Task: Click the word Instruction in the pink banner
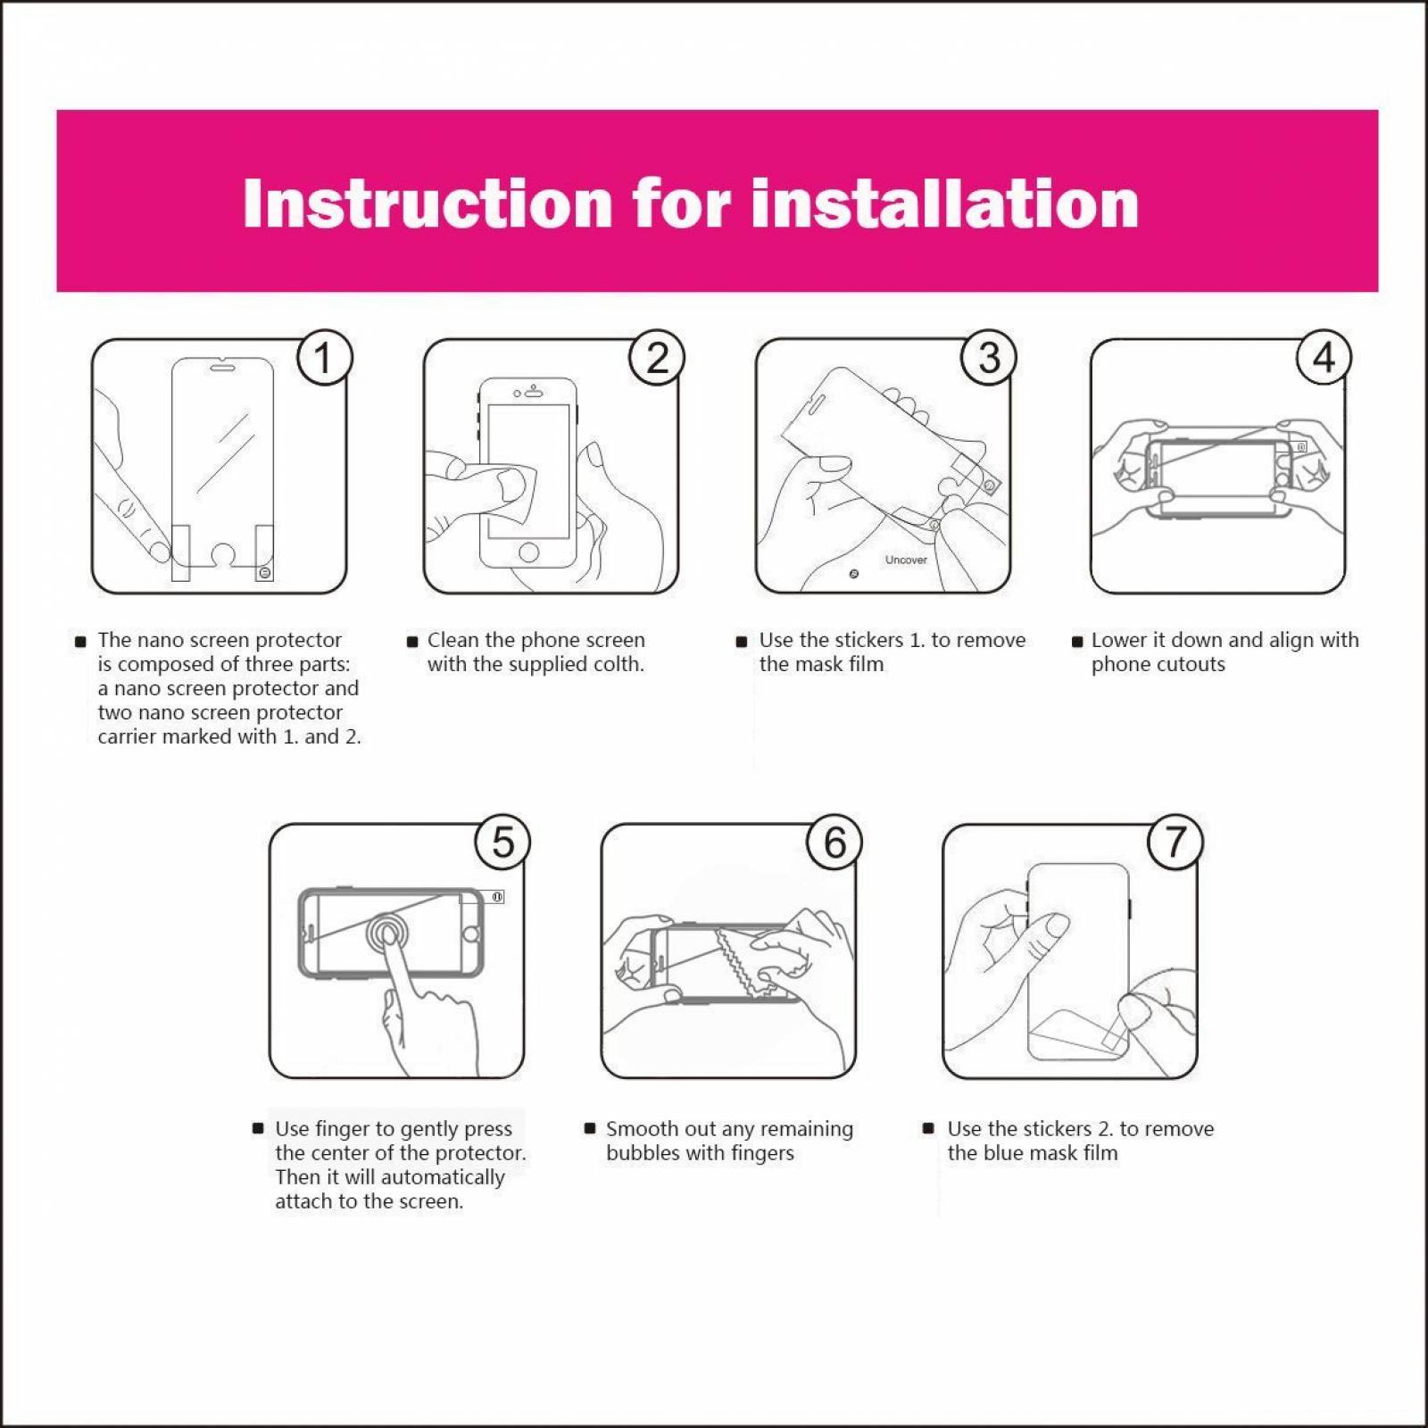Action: [x=427, y=203]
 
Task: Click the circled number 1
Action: [x=323, y=358]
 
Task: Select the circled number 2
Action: [x=657, y=358]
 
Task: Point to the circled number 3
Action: [x=989, y=358]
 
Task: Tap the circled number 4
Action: [x=1324, y=358]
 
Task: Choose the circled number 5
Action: [x=502, y=842]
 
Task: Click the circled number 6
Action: [x=834, y=842]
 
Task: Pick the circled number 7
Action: [x=1175, y=842]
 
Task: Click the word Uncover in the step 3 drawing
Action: [x=906, y=560]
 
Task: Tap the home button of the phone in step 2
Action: [x=528, y=552]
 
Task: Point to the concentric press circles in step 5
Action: [x=386, y=934]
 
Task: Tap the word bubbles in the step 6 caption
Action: [x=643, y=1153]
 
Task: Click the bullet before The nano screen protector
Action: [x=80, y=641]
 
